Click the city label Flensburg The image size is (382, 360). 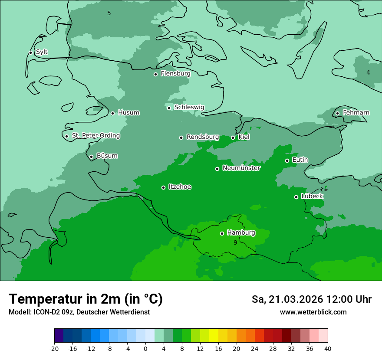pyautogui.click(x=175, y=74)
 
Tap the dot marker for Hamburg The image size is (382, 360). pyautogui.click(x=222, y=233)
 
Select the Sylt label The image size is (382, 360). pyautogui.click(x=42, y=52)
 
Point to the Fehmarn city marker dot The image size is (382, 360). pyautogui.click(x=337, y=113)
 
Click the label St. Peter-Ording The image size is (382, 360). pyautogui.click(x=95, y=136)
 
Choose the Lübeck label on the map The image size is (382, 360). pyautogui.click(x=312, y=196)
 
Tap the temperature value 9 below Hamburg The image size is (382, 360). pyautogui.click(x=235, y=243)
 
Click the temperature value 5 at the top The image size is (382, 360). pyautogui.click(x=109, y=13)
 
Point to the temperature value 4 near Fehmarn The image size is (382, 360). pyautogui.click(x=368, y=72)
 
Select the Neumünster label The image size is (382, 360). pyautogui.click(x=241, y=168)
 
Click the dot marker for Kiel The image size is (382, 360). pyautogui.click(x=233, y=137)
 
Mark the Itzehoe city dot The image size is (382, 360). pyautogui.click(x=163, y=187)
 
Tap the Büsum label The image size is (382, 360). pyautogui.click(x=107, y=156)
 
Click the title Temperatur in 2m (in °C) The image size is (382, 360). pyautogui.click(x=86, y=299)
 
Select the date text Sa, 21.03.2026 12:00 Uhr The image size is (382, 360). pyautogui.click(x=311, y=299)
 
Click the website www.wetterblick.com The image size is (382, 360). pyautogui.click(x=313, y=312)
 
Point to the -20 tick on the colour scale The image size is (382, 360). pyautogui.click(x=54, y=348)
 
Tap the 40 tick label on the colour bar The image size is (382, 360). pyautogui.click(x=327, y=348)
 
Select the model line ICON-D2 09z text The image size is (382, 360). pyautogui.click(x=79, y=312)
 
